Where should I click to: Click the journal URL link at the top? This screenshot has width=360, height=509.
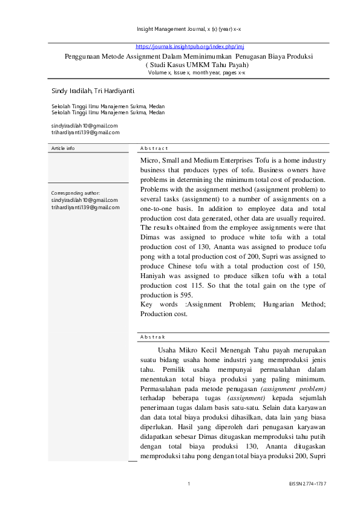pos(189,47)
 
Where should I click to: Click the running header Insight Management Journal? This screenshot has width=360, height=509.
pos(189,29)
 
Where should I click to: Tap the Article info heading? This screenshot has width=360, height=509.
pos(63,148)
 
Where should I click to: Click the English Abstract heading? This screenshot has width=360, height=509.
pos(154,148)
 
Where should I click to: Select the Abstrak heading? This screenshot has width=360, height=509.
pos(152,337)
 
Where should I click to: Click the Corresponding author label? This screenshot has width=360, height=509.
pos(75,193)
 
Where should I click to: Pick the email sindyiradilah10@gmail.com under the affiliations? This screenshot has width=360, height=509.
pos(85,126)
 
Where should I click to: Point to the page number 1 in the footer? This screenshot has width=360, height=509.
pos(189,484)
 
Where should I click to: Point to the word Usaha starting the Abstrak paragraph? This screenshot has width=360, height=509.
pos(169,350)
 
